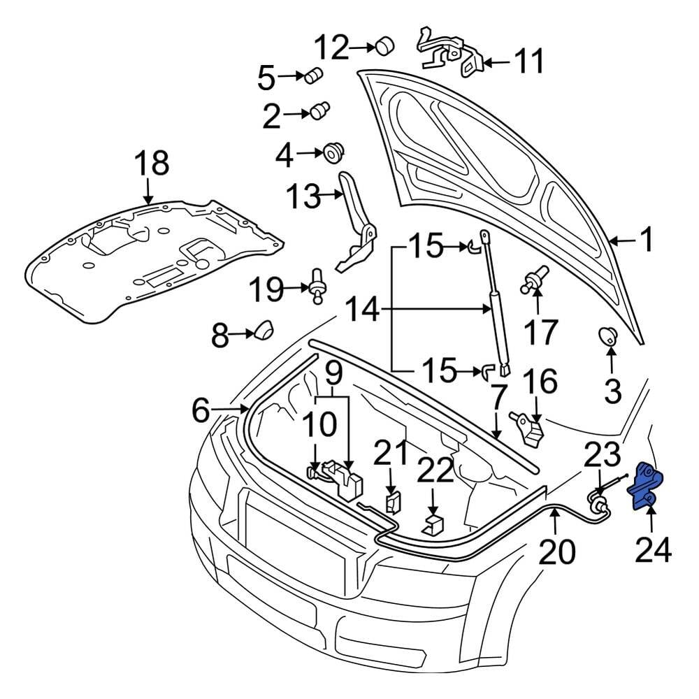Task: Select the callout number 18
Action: click(x=151, y=164)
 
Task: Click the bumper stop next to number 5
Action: click(x=315, y=75)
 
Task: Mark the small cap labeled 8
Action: click(x=263, y=329)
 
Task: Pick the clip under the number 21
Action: click(x=393, y=500)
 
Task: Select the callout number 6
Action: click(x=200, y=412)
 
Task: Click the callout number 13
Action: click(x=304, y=197)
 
